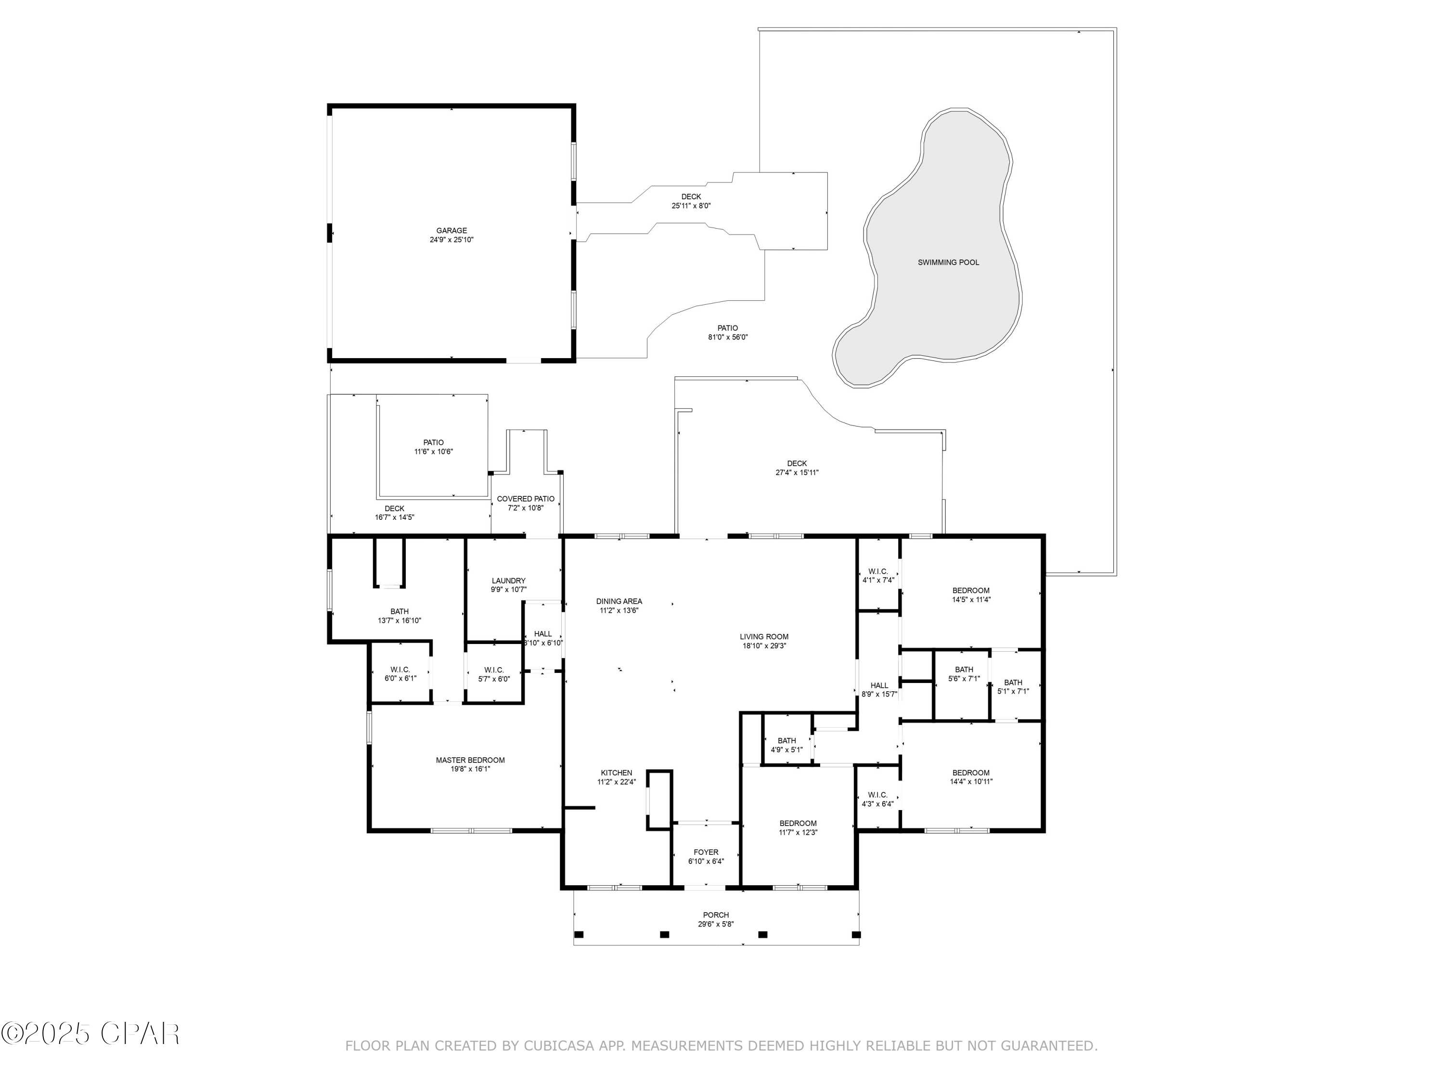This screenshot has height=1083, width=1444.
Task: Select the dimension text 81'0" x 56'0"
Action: coord(727,337)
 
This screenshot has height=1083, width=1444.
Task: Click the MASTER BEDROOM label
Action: coord(470,760)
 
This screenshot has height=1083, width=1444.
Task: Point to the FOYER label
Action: coord(706,852)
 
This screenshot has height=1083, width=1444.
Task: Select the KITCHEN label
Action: coord(616,773)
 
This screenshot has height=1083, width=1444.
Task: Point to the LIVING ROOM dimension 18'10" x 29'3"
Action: coord(764,645)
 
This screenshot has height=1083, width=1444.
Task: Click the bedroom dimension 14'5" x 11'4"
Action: coord(971,599)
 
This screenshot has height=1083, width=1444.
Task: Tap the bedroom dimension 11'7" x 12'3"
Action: coord(798,832)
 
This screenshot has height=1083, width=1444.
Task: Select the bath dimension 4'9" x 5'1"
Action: coord(786,749)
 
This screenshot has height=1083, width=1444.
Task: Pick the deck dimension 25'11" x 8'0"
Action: coord(691,206)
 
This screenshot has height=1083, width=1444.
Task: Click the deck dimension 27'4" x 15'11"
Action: coord(797,473)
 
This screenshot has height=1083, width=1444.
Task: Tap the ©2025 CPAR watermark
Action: coord(90,1033)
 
